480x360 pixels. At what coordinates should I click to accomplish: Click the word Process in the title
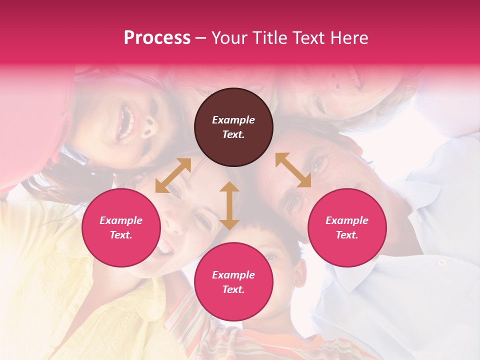pyautogui.click(x=157, y=38)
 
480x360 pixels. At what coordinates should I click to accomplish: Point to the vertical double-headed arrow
pyautogui.click(x=229, y=205)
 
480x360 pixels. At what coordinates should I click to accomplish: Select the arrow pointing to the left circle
pyautogui.click(x=173, y=175)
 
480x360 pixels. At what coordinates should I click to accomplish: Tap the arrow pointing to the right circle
pyautogui.click(x=293, y=170)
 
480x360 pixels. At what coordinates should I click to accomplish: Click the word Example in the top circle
pyautogui.click(x=233, y=120)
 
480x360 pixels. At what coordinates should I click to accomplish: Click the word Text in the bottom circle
pyautogui.click(x=233, y=289)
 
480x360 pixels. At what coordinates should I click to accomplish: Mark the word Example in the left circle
pyautogui.click(x=121, y=220)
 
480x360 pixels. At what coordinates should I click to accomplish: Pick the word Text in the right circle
pyautogui.click(x=347, y=235)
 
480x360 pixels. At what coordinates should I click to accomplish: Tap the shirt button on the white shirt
pyautogui.click(x=441, y=262)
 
